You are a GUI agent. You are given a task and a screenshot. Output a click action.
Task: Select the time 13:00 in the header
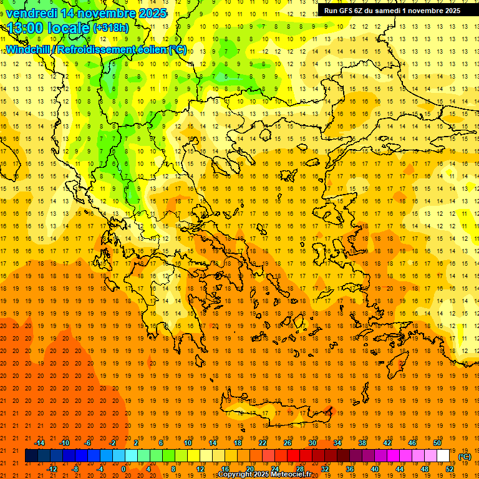(x=26, y=28)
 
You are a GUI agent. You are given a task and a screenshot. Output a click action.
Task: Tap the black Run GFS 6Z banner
(x=392, y=11)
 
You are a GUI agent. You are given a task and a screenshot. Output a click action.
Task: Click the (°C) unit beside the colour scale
(x=464, y=457)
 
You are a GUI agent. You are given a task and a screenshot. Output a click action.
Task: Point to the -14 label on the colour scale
(x=39, y=443)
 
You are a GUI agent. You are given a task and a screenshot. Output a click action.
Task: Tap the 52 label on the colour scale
(x=450, y=469)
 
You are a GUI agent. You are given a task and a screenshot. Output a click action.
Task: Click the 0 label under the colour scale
(x=123, y=469)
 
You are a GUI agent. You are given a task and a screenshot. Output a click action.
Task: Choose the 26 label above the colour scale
(x=288, y=443)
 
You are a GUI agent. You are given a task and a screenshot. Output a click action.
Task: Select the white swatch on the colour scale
(x=443, y=456)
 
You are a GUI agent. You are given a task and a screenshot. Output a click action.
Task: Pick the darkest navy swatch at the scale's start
(x=32, y=456)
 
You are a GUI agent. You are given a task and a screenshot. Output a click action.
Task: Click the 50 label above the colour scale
(x=437, y=443)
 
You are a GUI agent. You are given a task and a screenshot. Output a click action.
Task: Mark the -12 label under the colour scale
(x=52, y=469)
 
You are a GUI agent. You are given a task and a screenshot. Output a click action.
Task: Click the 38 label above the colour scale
(x=362, y=443)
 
